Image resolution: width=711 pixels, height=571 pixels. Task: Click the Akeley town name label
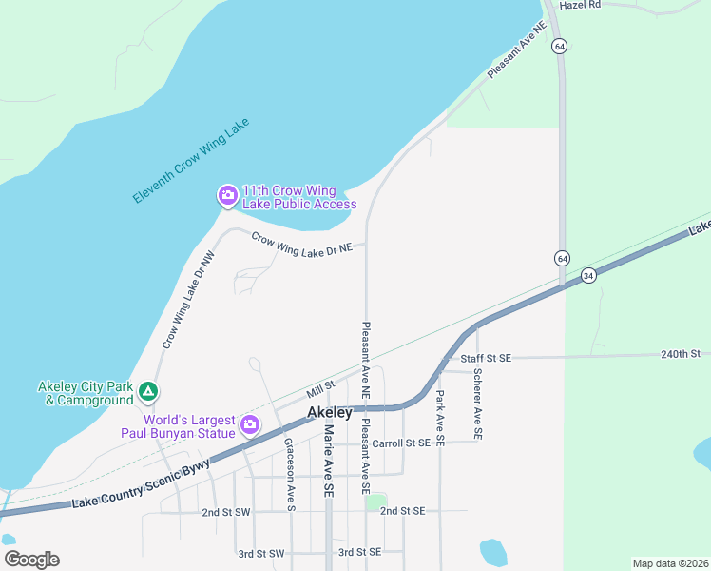tap(330, 412)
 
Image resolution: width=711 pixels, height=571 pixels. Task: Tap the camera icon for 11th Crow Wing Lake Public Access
tap(227, 196)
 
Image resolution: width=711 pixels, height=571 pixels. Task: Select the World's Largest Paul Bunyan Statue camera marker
tap(250, 425)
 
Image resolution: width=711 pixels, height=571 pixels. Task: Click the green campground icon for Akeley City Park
tap(147, 390)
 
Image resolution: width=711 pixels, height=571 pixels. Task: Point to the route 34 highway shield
tap(589, 276)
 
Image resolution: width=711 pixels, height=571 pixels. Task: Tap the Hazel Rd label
tap(581, 5)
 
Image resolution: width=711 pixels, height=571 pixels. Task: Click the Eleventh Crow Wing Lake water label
tap(190, 162)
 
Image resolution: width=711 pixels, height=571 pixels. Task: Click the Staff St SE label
tap(486, 358)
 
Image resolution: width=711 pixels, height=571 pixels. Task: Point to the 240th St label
tap(680, 354)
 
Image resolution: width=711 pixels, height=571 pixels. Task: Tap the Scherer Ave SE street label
tap(477, 403)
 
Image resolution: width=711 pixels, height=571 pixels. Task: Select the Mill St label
tap(321, 388)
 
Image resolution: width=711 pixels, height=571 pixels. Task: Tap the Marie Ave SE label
tap(328, 461)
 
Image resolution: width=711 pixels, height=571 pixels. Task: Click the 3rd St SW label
tap(261, 553)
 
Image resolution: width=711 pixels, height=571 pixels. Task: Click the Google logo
tap(31, 560)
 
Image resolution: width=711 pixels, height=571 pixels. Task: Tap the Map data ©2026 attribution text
tap(670, 563)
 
